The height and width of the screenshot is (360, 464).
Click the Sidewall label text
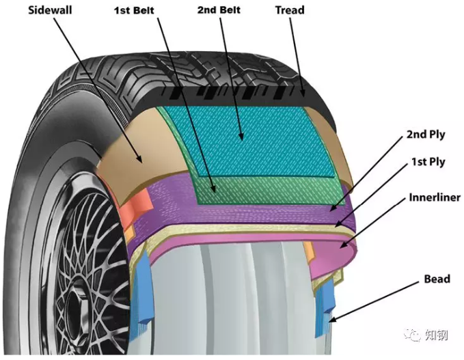50,10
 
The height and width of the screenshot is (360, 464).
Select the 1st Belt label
134,10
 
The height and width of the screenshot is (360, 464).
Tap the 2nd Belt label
219,10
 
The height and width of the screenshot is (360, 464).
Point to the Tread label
290,10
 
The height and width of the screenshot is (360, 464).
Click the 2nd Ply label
426,135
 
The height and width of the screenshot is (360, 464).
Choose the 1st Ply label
428,162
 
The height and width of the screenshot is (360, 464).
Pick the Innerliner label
435,197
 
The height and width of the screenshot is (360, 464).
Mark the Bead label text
437,279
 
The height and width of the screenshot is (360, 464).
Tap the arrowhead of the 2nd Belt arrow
243,140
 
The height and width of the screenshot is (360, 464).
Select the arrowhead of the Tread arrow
304,96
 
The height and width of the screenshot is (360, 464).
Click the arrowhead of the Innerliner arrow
340,247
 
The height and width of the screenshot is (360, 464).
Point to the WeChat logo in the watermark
412,335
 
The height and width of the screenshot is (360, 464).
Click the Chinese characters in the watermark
436,335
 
